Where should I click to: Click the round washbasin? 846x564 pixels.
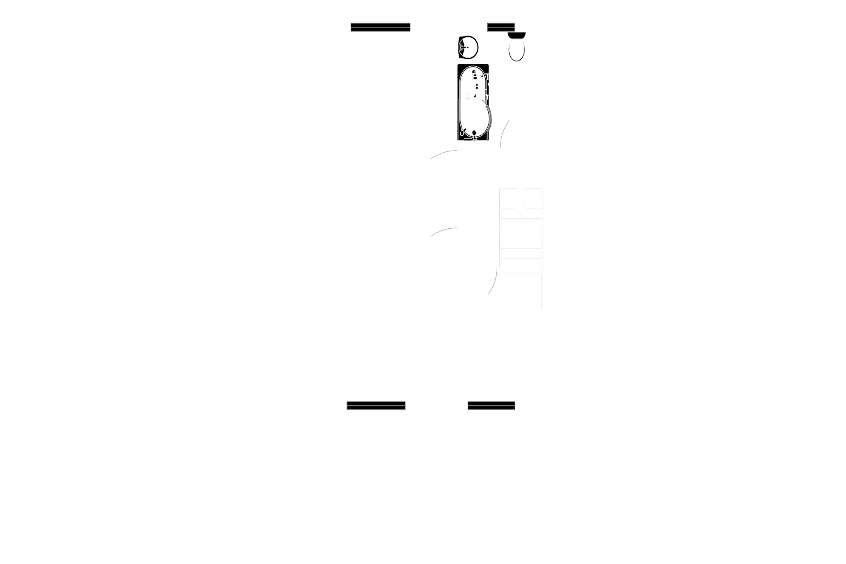468,47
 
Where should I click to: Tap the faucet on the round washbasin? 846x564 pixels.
464,48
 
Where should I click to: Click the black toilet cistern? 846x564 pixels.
517,35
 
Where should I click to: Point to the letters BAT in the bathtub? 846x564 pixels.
479,77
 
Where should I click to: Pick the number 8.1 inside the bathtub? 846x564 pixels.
480,87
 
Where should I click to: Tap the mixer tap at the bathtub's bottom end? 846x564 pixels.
474,133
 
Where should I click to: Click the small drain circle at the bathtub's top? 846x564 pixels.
474,72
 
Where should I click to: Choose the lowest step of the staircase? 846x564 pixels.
520,263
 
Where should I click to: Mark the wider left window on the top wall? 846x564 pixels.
380,26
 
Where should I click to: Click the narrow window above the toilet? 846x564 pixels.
501,26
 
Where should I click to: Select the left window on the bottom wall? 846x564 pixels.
376,405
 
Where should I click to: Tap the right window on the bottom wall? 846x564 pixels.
491,405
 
